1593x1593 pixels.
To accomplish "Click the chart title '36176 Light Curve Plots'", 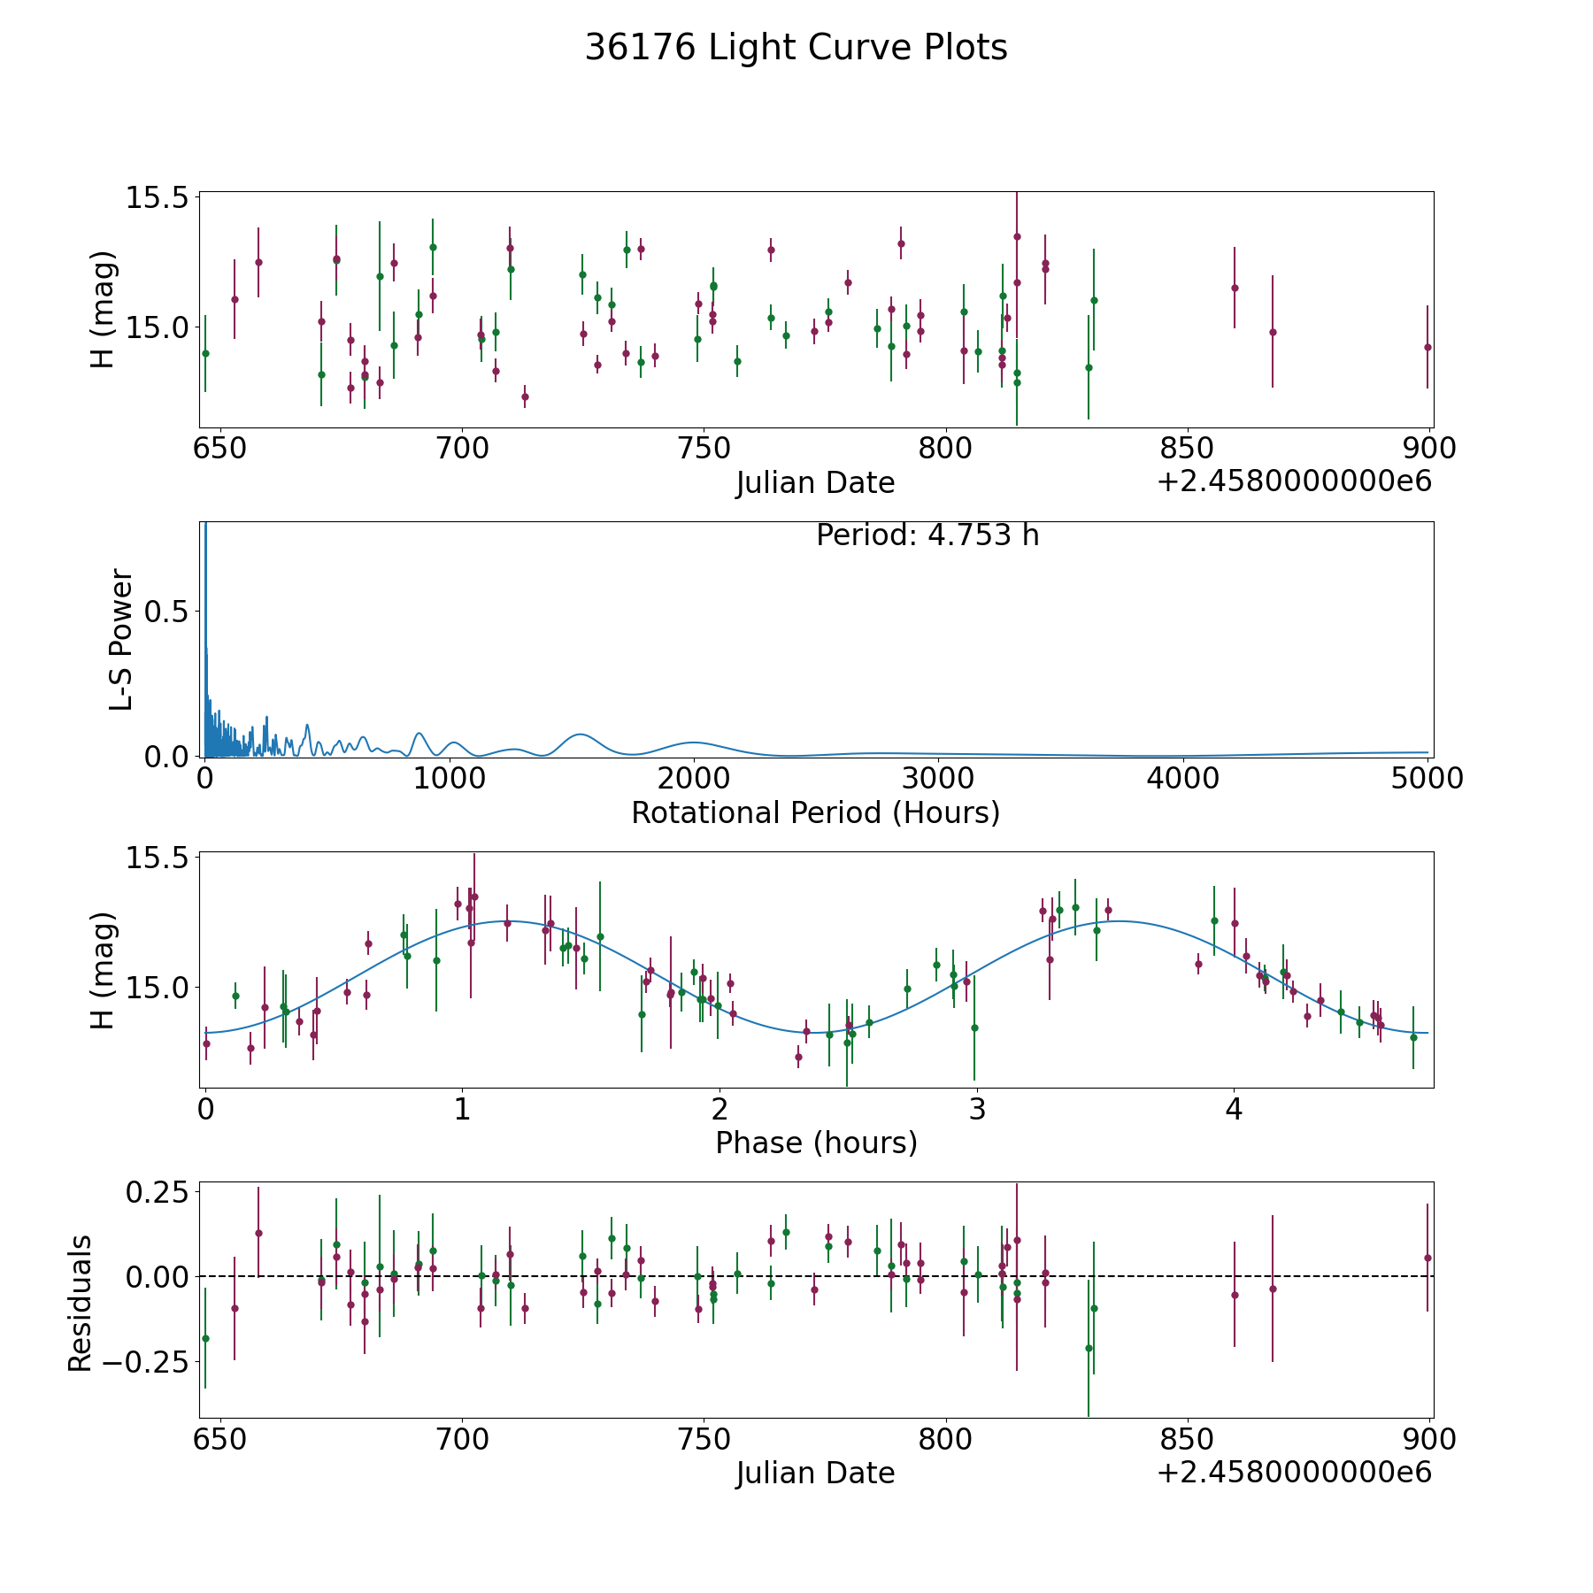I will (796, 48).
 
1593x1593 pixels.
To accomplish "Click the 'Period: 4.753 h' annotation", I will (927, 535).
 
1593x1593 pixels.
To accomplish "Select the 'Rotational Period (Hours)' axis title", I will (815, 812).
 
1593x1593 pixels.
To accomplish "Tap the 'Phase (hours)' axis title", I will (816, 1143).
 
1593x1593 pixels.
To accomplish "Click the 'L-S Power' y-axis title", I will (121, 640).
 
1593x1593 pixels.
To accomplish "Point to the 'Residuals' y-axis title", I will (81, 1303).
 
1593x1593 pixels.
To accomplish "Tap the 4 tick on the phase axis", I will (1234, 1109).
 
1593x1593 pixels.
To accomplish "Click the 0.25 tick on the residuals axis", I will (159, 1193).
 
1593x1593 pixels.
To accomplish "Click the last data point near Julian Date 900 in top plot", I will (1428, 347).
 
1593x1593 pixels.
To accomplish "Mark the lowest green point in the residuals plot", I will (1089, 1348).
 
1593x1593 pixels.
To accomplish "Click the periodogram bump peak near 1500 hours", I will (580, 735).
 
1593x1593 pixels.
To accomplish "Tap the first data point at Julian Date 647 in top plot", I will (205, 353).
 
